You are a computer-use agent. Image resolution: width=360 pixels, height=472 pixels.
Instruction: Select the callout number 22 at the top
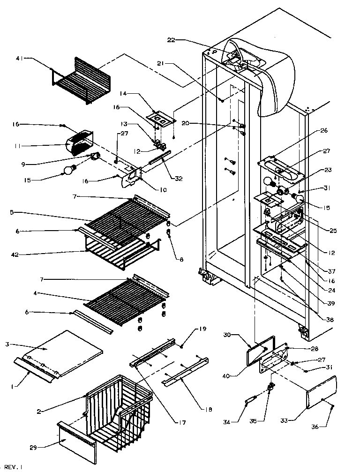tap(171, 40)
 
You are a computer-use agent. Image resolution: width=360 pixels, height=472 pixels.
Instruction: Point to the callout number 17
tap(181, 422)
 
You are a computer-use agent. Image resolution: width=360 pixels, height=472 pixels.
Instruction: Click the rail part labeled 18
tap(185, 372)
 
